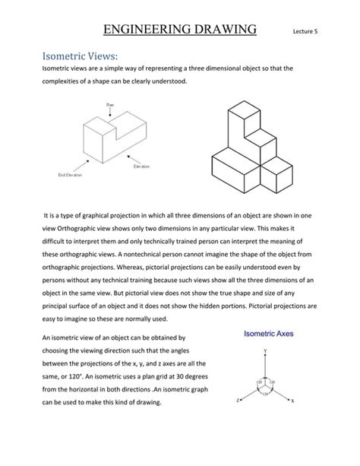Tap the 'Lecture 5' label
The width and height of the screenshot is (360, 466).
tap(307, 33)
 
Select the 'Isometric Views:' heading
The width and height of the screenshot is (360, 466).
tap(74, 55)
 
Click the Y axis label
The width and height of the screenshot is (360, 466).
tap(265, 350)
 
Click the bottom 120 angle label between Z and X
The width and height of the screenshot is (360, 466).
tap(265, 394)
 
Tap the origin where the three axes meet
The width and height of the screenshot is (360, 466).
tap(265, 385)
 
